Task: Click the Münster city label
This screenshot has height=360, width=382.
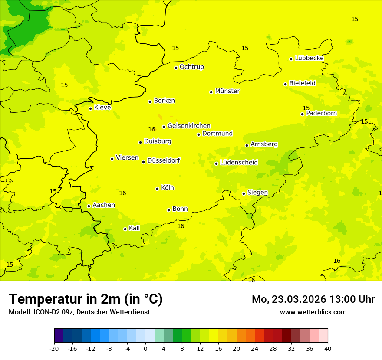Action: point(227,91)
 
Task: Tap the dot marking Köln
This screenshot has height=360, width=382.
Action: point(158,189)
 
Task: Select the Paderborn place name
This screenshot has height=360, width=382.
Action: point(321,113)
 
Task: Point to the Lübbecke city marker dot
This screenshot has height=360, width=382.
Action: point(291,59)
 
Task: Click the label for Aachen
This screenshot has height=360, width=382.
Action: point(104,205)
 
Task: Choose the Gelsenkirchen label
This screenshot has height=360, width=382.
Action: point(189,126)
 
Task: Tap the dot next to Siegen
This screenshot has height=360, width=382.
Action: point(244,193)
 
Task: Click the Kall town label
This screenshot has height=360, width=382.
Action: point(134,228)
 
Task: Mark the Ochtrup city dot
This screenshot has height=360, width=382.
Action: point(176,68)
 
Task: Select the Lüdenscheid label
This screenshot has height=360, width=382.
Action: point(239,163)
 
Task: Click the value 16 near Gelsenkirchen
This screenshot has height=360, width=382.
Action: point(151,129)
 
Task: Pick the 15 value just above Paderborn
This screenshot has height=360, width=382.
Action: point(306,108)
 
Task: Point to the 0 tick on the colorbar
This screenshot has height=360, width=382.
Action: point(145,348)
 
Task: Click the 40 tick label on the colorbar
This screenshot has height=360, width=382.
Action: point(328,348)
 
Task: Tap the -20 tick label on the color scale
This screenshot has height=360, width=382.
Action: point(54,348)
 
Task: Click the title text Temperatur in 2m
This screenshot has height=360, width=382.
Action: point(86,299)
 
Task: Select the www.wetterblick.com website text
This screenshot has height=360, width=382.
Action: point(313,312)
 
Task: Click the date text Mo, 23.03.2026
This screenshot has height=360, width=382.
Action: point(289,299)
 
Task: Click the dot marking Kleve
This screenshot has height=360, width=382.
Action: point(91,108)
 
